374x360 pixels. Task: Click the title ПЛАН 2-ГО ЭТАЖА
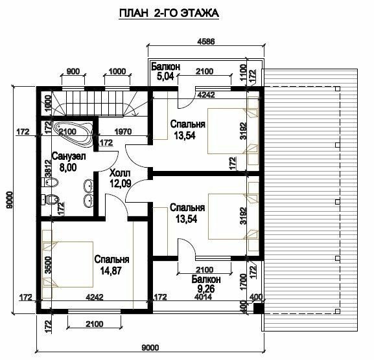tap(169, 13)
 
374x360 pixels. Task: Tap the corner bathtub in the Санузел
tap(73, 133)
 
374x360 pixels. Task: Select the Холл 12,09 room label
tap(120, 179)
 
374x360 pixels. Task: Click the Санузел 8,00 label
tap(69, 163)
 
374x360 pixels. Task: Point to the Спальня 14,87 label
tap(111, 265)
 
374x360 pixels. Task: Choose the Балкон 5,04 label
tap(165, 71)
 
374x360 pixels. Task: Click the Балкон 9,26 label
tap(206, 284)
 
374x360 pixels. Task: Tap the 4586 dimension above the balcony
tap(206, 41)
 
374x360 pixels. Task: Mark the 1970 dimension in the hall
tap(123, 131)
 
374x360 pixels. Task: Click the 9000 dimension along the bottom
tap(150, 348)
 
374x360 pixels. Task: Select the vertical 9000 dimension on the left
tap(9, 200)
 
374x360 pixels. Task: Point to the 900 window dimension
tap(73, 71)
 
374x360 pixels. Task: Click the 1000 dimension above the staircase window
tap(117, 71)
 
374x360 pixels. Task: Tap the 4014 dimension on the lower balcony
tap(204, 297)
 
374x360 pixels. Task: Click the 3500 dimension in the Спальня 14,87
tap(48, 265)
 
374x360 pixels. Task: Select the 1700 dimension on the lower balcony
tap(243, 282)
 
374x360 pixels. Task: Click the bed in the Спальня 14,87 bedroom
tap(67, 264)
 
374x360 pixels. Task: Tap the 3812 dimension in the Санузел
tap(48, 168)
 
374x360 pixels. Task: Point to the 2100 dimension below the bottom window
tap(95, 324)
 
